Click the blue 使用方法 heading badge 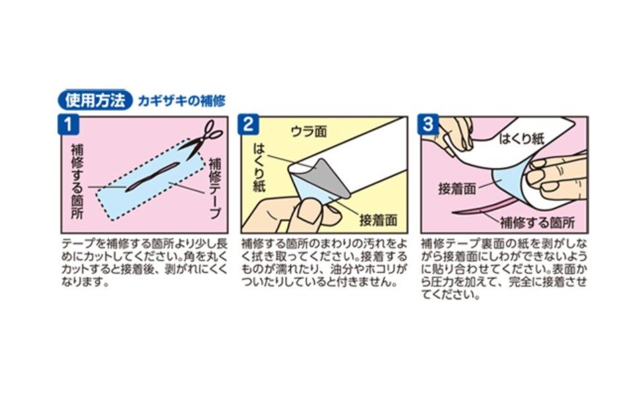pos(95,100)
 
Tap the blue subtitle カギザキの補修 pos(181,101)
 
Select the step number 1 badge pos(68,124)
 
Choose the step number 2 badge pos(248,124)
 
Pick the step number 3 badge pos(428,124)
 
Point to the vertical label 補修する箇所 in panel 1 pos(77,181)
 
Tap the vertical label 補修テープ pos(215,188)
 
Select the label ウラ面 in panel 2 pos(309,131)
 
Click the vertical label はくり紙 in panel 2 pos(259,167)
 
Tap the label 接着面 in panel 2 pos(378,220)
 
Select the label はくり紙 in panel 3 pos(522,139)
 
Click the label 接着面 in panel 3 pos(457,189)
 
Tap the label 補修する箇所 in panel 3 pos(537,222)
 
